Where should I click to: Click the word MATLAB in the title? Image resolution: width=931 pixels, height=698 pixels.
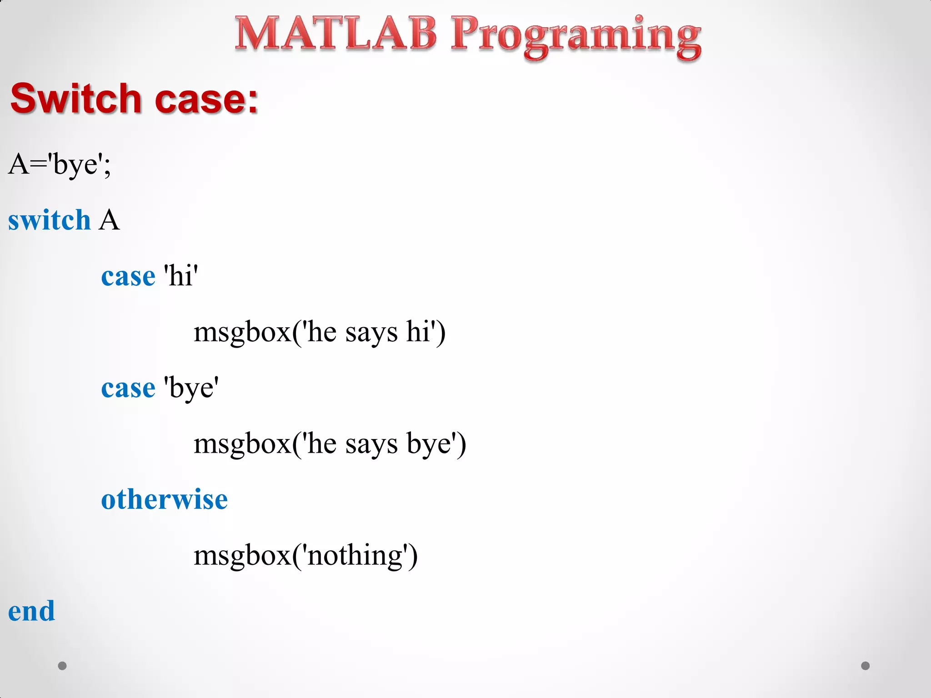tap(335, 34)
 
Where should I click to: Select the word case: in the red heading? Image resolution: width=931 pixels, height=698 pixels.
tap(207, 100)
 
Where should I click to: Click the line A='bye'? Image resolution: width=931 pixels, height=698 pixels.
tap(60, 165)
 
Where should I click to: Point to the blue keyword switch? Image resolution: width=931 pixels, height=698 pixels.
tap(49, 221)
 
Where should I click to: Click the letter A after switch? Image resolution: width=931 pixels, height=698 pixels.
tap(109, 221)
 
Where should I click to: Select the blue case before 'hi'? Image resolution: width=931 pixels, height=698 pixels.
tap(128, 277)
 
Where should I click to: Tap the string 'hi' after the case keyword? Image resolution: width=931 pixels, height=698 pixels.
tap(181, 276)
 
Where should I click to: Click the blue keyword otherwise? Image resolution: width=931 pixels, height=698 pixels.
tap(164, 500)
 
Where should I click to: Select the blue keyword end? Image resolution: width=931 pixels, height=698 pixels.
tap(31, 612)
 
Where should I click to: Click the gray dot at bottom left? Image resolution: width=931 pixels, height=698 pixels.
tap(62, 666)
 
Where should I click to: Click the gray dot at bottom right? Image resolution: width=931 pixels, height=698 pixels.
tap(866, 666)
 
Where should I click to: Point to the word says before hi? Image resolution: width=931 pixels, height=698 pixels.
tap(371, 334)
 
